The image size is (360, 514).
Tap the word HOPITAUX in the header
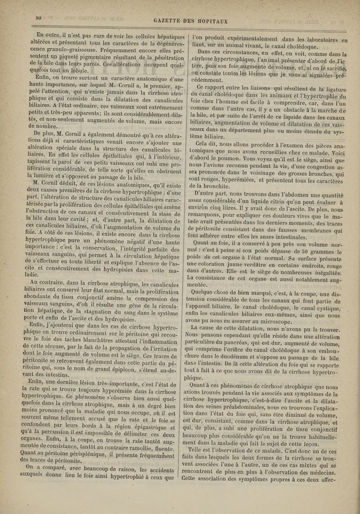point(214,21)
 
